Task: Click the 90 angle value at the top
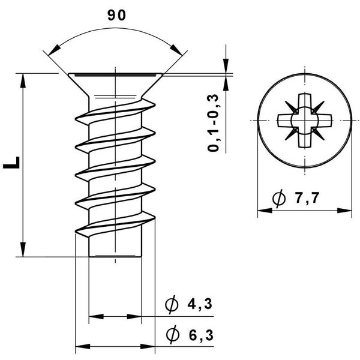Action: coord(116,16)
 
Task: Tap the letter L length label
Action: coord(11,163)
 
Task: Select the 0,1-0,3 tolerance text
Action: coord(213,123)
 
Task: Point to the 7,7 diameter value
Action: coord(307,198)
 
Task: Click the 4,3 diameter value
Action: coord(200,304)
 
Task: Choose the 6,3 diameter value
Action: coord(201,335)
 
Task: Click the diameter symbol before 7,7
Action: coord(279,199)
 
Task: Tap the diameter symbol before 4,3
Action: coord(172,304)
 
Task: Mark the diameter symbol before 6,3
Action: coord(172,335)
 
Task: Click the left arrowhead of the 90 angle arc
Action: coord(54,50)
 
